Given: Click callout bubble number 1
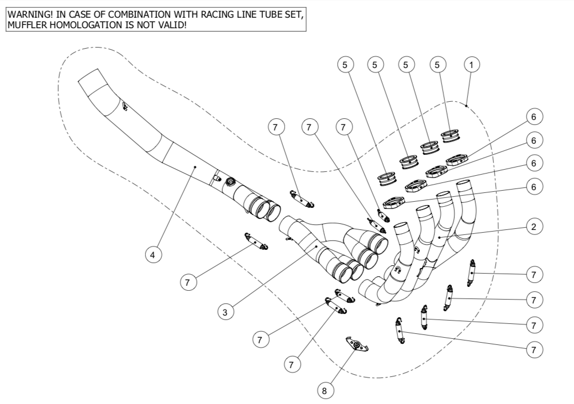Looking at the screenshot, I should pyautogui.click(x=471, y=65).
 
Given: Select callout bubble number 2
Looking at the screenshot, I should pyautogui.click(x=533, y=227).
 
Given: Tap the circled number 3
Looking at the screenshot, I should pyautogui.click(x=225, y=312).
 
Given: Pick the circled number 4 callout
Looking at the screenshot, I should pyautogui.click(x=153, y=255).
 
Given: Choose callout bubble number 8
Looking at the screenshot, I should pyautogui.click(x=324, y=390).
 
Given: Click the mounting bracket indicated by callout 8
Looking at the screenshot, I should pyautogui.click(x=357, y=345).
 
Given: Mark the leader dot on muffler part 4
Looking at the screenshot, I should pyautogui.click(x=195, y=166).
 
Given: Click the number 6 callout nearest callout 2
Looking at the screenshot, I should pyautogui.click(x=533, y=187).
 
